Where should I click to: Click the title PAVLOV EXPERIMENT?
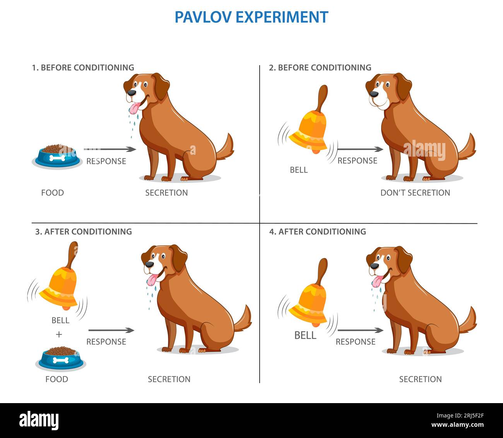251,17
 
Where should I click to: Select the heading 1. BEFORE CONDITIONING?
83,67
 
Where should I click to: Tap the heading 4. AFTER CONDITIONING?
318,231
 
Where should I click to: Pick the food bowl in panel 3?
61,358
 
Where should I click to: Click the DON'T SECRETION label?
415,193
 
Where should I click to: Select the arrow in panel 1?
110,149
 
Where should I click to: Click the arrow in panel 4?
361,330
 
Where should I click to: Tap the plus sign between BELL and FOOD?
59,335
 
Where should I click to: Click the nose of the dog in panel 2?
374,94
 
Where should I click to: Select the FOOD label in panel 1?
52,193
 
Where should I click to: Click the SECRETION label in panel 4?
421,379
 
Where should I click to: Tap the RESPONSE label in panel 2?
357,160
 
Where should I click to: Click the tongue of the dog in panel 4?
377,281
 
